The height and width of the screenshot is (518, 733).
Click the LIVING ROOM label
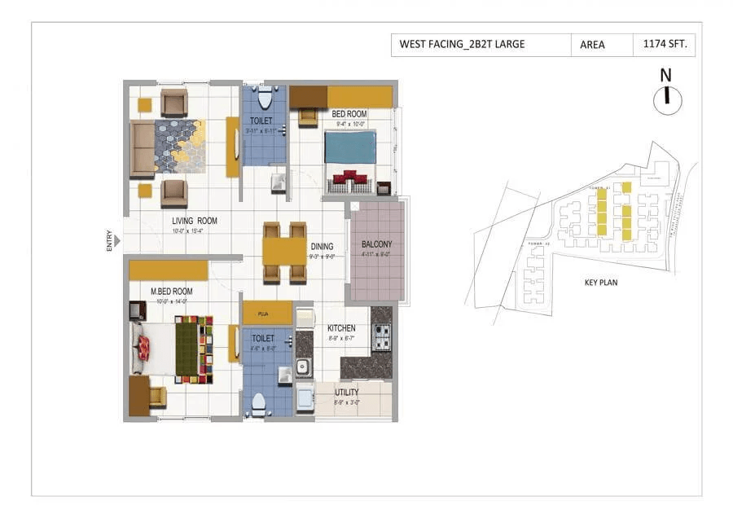pos(195,221)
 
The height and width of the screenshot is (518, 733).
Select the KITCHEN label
pos(340,328)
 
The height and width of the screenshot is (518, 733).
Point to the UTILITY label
pos(346,392)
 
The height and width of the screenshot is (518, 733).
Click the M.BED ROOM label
pos(171,291)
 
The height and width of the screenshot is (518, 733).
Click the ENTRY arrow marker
pos(118,241)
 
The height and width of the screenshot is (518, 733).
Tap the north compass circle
pos(667,99)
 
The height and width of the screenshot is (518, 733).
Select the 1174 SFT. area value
pos(664,45)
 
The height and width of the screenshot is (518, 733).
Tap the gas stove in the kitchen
pos(381,333)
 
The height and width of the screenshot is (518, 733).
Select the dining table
pos(283,251)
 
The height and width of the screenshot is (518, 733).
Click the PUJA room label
pos(263,313)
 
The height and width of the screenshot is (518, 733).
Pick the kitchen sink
pos(304,367)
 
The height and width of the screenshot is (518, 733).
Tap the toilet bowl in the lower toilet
pos(260,403)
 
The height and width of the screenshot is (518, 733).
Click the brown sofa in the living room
pos(143,148)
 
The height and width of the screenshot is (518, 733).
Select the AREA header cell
pos(592,45)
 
